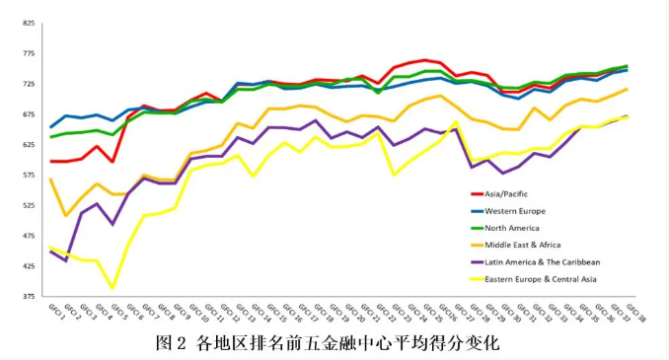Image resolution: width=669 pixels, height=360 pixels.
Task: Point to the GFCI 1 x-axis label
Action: point(42,314)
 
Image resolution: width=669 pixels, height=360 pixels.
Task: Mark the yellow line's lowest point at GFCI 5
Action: point(112,288)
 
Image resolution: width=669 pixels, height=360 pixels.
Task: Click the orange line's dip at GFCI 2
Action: point(65,215)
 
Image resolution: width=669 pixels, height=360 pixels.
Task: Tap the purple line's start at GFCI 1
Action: point(50,252)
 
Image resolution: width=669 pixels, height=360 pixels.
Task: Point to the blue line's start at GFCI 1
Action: point(50,127)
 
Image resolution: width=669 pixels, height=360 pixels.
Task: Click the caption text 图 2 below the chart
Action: point(174,343)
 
